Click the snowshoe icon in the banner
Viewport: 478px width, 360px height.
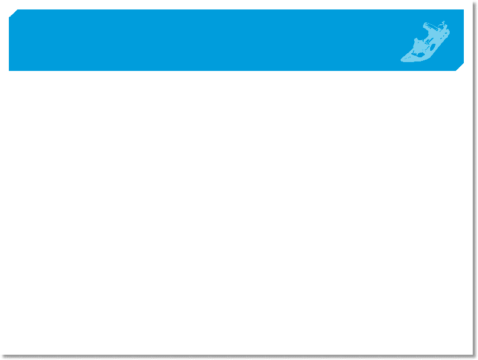click(425, 43)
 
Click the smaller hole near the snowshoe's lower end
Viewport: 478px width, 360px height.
click(414, 54)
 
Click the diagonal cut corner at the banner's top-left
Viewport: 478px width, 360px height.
click(12, 12)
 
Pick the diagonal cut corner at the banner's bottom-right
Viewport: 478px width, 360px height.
click(461, 67)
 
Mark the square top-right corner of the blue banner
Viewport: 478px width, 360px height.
click(463, 10)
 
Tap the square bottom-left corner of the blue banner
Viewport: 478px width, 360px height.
click(9, 70)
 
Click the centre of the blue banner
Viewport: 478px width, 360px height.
click(236, 40)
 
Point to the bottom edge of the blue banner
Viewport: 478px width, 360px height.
click(236, 70)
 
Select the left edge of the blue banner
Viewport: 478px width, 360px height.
click(9, 41)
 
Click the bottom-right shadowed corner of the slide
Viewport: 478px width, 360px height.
click(474, 356)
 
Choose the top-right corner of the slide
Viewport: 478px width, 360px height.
click(472, 2)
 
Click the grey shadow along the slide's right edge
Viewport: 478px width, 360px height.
click(474, 177)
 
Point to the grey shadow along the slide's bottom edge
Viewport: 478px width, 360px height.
click(236, 356)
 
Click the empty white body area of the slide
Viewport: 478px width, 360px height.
click(236, 213)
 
